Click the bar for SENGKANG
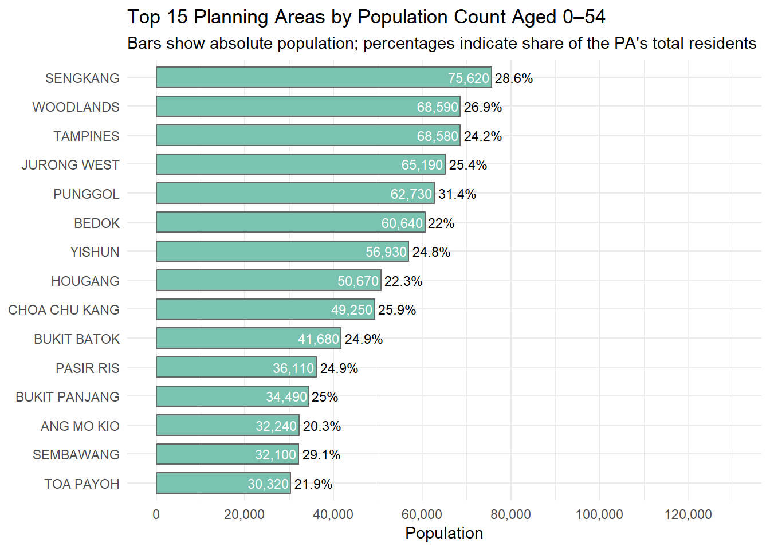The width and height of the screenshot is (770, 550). point(324,77)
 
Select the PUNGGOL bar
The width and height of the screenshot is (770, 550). point(295,193)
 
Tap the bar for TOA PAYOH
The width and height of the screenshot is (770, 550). point(223,483)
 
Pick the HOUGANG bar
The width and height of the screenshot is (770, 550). point(269,280)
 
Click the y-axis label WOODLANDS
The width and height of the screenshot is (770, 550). point(76,107)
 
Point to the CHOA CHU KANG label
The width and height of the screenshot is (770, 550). point(64,310)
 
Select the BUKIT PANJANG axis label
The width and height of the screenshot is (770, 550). point(68,397)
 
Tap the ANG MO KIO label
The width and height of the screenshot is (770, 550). point(80,426)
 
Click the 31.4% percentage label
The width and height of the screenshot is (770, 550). point(457,195)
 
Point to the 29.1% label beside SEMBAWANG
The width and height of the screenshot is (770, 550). point(321,455)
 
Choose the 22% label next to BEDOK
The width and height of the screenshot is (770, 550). point(441,224)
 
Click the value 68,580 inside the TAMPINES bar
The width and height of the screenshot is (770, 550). point(438,136)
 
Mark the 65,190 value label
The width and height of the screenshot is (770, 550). point(422,166)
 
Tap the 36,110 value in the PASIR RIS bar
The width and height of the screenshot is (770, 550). point(293,368)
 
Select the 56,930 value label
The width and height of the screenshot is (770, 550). point(386,252)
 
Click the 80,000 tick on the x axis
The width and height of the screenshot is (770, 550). point(511,514)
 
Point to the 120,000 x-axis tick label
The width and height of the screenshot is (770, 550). point(688,514)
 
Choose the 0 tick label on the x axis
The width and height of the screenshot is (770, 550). point(156,514)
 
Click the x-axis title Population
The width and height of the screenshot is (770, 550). point(444,533)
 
